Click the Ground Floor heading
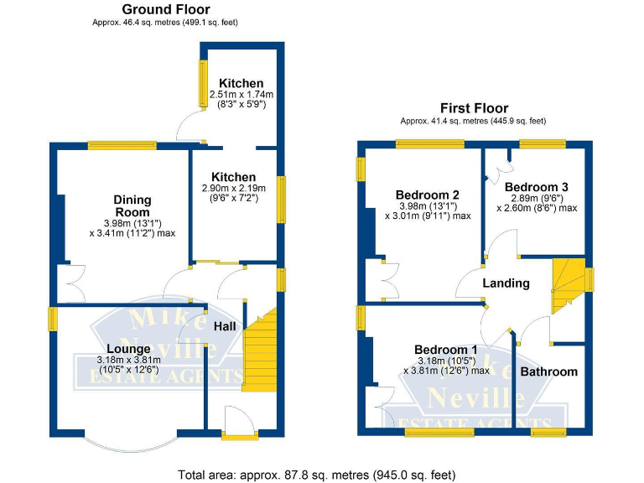click(165, 9)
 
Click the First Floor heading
click(474, 108)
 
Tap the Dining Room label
click(132, 205)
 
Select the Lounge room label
click(128, 348)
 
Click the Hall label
click(225, 325)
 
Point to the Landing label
click(506, 283)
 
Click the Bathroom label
click(548, 371)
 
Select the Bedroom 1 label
click(445, 350)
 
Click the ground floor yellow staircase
click(260, 351)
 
